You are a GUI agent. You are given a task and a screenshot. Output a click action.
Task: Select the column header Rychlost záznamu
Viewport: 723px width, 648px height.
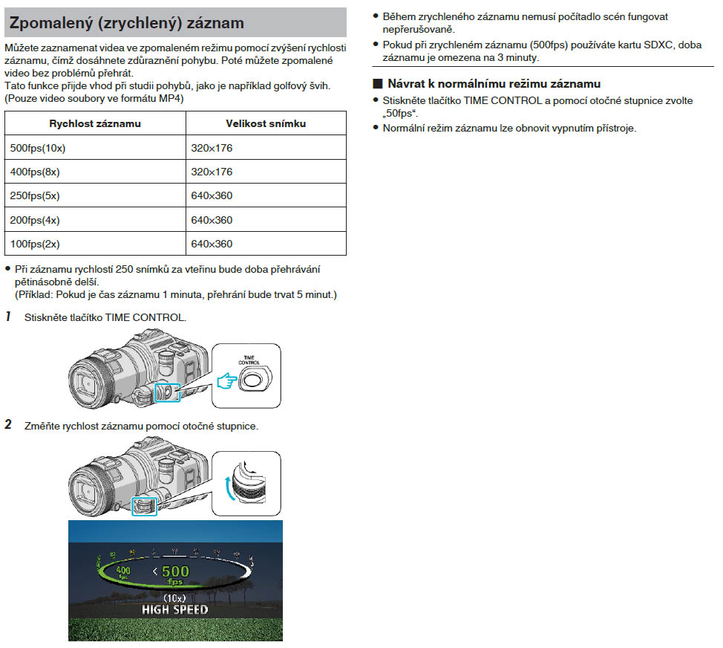[x=95, y=123]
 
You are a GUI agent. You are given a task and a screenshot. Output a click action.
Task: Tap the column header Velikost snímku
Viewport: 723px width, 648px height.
[x=266, y=123]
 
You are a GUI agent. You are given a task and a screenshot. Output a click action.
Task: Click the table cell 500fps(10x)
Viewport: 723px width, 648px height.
[x=38, y=148]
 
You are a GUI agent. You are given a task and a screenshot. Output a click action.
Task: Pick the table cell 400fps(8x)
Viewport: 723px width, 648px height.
[x=36, y=172]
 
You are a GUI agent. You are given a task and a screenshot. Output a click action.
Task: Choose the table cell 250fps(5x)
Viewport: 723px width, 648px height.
[x=36, y=196]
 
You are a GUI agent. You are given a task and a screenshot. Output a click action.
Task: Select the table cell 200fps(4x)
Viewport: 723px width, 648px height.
[x=36, y=220]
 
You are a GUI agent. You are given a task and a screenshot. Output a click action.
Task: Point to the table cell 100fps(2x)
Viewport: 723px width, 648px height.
[x=36, y=244]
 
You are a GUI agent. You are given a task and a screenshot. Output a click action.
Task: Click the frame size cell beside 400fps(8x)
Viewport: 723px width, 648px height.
[x=212, y=172]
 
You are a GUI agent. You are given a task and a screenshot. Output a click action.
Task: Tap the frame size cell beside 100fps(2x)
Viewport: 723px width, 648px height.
[x=212, y=244]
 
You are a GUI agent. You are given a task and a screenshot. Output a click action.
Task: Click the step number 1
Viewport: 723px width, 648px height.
[x=8, y=317]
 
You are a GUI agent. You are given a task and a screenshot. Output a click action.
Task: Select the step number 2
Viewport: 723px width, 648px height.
[x=8, y=426]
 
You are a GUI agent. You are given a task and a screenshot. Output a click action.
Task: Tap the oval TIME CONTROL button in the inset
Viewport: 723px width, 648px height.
[x=255, y=378]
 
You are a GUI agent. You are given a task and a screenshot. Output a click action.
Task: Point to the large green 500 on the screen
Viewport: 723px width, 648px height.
[x=176, y=571]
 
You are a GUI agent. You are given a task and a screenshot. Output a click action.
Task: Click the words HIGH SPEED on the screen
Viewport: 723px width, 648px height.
[x=175, y=610]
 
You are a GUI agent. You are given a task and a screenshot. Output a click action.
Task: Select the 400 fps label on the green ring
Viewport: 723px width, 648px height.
[x=123, y=573]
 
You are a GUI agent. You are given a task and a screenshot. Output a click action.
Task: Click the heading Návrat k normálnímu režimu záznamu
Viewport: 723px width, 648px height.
[x=494, y=83]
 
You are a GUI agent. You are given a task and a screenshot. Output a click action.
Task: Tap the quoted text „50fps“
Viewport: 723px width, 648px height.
[x=400, y=113]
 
